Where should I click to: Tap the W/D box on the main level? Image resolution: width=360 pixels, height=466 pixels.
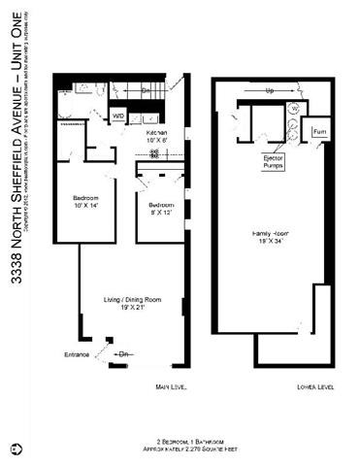tap(118, 116)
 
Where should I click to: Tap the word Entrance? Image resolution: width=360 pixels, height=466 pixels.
tap(78, 353)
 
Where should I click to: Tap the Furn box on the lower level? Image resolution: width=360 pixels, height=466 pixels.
tap(318, 128)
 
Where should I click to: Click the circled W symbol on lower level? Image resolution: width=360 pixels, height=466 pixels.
tap(295, 108)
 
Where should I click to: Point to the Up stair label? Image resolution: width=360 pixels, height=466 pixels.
tap(269, 92)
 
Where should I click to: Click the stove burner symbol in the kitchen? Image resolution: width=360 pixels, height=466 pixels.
tap(153, 152)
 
